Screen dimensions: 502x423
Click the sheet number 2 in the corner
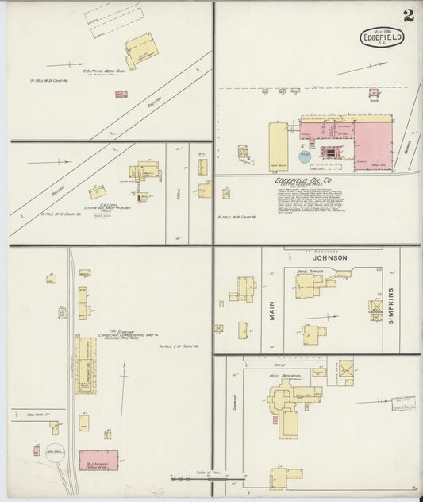407,15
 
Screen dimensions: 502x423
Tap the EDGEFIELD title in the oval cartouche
382,37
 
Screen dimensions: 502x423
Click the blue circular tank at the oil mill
306,156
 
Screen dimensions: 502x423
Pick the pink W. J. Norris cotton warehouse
98,461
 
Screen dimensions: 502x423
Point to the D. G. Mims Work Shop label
99,72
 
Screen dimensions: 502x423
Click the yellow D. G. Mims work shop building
141,50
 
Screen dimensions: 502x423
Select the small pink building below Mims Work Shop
121,95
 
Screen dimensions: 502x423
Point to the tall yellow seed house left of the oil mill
278,146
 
